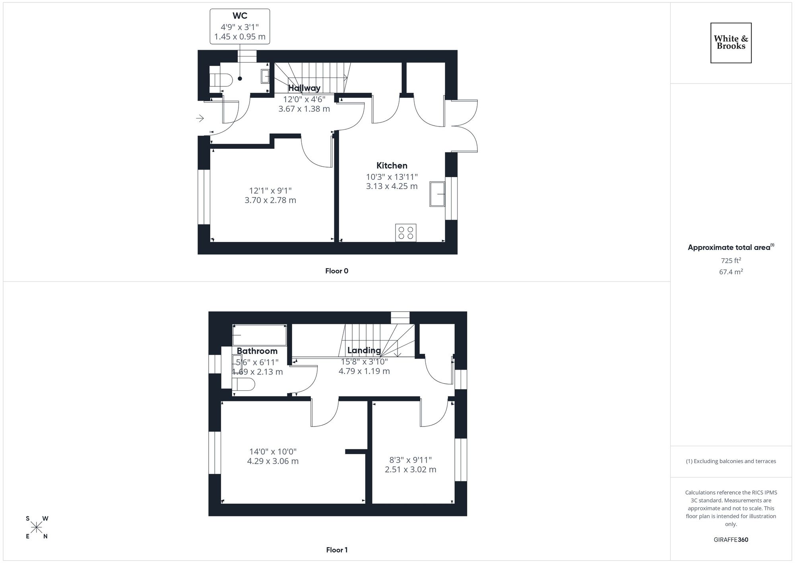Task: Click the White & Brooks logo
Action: pos(731,43)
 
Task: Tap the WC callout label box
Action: pos(240,26)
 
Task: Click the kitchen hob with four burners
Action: pos(405,233)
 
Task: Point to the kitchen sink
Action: pos(437,194)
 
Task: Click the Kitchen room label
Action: pos(392,166)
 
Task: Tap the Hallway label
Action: pos(304,88)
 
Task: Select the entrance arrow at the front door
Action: pos(200,118)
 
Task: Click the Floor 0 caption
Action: pos(336,271)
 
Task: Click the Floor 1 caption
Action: pos(337,550)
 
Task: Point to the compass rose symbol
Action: pos(37,528)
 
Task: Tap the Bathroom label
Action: pos(257,351)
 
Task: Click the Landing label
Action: pos(364,350)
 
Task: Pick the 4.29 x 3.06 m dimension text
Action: pos(273,461)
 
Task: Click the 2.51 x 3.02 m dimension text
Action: pos(410,469)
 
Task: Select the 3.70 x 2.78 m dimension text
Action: pos(270,200)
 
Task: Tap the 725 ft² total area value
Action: pos(731,261)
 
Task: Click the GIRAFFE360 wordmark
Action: pos(731,540)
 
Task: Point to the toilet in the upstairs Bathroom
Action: pos(243,384)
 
